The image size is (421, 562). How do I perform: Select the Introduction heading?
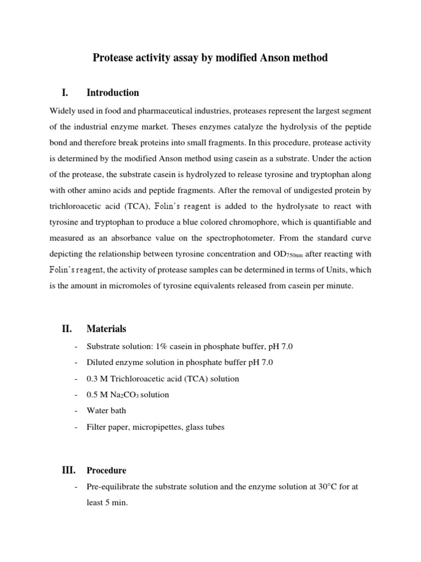click(x=112, y=93)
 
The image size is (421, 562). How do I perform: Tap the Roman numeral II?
click(x=67, y=329)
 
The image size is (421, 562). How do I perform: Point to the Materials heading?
click(x=106, y=329)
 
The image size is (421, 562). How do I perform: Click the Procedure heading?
click(x=106, y=470)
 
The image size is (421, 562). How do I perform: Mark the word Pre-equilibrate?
click(x=112, y=486)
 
